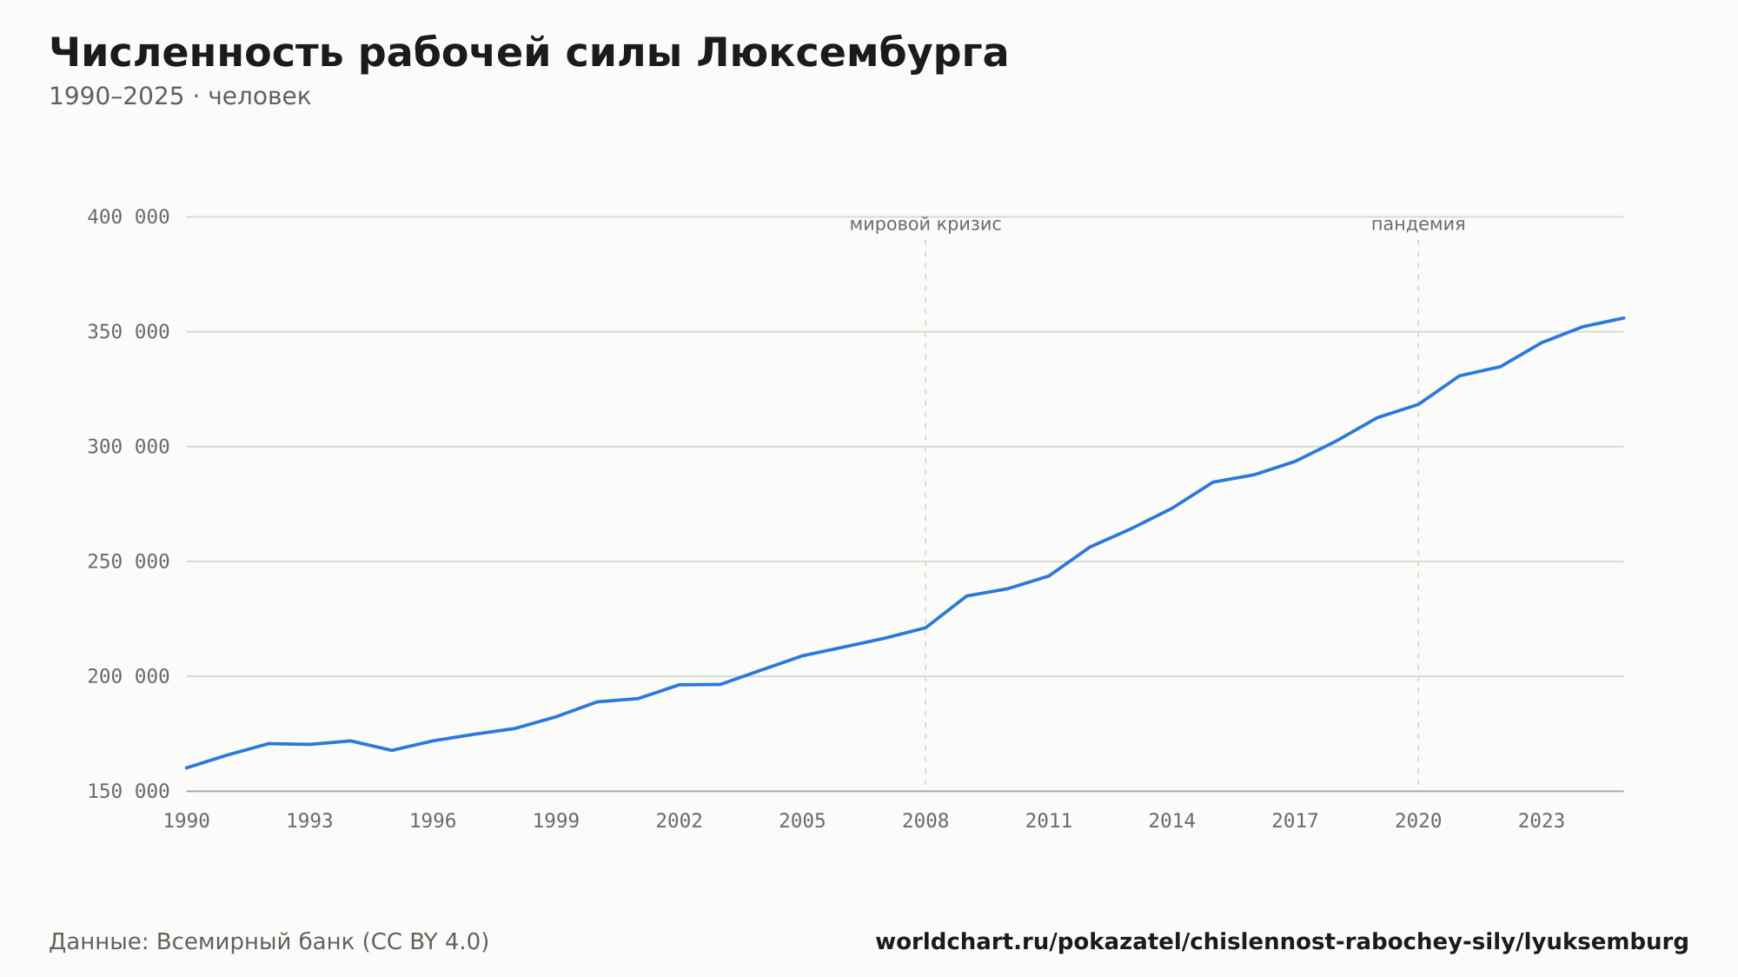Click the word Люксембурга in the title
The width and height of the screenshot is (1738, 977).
[852, 53]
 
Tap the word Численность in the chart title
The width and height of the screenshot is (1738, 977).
[197, 53]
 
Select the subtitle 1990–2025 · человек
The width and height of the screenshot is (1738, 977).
[180, 96]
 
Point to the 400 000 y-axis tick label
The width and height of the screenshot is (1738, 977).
[129, 217]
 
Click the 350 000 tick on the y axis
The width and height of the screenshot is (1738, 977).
[129, 332]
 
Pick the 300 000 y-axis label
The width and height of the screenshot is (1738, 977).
[129, 447]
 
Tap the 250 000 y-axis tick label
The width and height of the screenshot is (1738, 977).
[129, 562]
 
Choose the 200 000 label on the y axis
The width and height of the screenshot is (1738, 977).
[129, 676]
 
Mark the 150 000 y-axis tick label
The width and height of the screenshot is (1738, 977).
[129, 791]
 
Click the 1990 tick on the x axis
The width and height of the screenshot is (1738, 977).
[187, 821]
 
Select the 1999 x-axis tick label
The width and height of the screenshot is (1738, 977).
[556, 821]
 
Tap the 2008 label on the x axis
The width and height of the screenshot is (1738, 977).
[925, 821]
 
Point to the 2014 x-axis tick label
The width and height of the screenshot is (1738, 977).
[1172, 821]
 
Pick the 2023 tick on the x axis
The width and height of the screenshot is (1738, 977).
[1542, 821]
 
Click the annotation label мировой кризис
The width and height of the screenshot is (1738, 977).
[925, 225]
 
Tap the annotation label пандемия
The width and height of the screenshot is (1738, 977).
[1418, 225]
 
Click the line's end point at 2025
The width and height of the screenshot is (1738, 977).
[1623, 318]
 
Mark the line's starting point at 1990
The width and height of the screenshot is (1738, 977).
[187, 768]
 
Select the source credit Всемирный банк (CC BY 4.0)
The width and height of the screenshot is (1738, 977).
[322, 942]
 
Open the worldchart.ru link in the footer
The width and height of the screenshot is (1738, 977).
[1282, 942]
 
